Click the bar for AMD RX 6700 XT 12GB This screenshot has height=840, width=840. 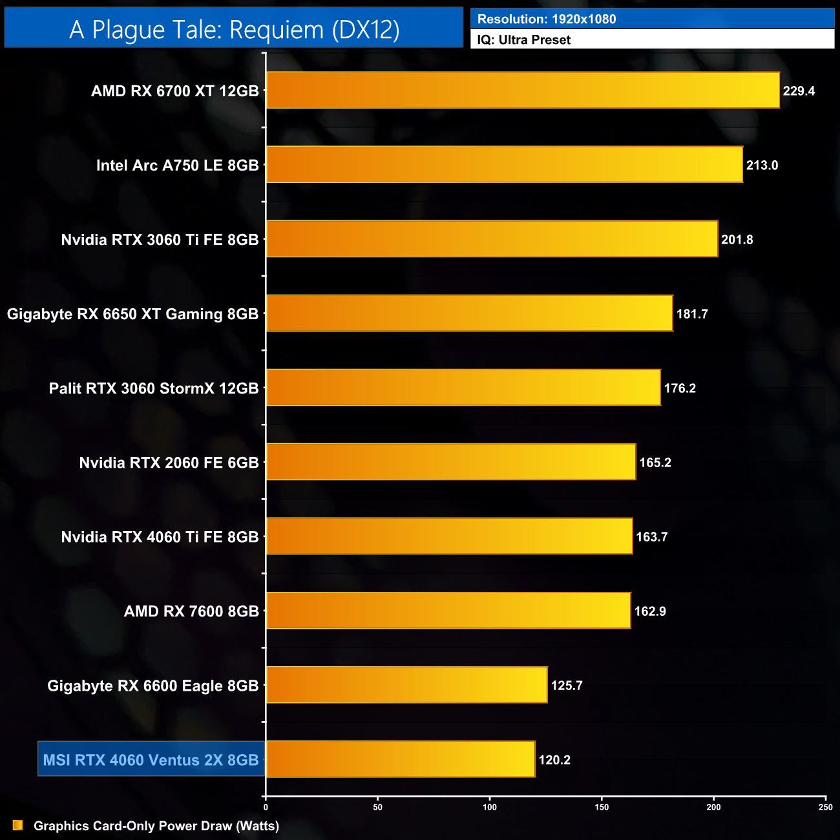(x=523, y=90)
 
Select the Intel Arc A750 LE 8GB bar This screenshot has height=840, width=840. (x=504, y=165)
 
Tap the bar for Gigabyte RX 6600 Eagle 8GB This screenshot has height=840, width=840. (x=406, y=685)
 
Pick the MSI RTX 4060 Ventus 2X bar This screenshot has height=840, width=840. (x=401, y=759)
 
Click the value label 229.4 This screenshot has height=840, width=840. (x=799, y=91)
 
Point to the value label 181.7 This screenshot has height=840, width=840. (x=692, y=314)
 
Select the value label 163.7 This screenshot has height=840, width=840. (x=651, y=537)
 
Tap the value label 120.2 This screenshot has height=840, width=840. (x=554, y=760)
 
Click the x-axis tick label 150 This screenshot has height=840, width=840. (x=602, y=807)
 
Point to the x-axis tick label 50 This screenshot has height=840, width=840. (x=377, y=807)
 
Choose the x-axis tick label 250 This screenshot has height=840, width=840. (x=825, y=807)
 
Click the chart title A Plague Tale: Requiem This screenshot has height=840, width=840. (x=234, y=30)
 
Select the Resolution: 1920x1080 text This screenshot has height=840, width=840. (x=547, y=19)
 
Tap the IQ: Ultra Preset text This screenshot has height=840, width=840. (x=523, y=40)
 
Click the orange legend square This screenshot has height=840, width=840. (x=18, y=825)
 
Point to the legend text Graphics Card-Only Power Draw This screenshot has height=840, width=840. (x=156, y=826)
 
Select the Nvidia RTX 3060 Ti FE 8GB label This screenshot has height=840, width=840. (x=160, y=240)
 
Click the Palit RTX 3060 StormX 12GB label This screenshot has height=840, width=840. (x=154, y=388)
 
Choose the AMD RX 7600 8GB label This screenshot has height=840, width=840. (x=191, y=611)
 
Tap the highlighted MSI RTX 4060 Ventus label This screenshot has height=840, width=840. (x=151, y=760)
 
